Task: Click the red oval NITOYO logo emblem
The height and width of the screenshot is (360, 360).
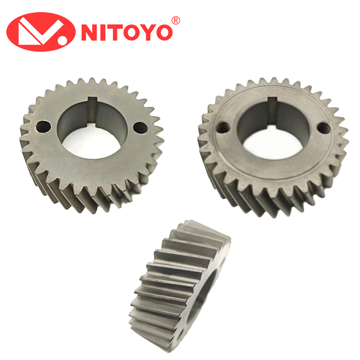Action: click(x=40, y=31)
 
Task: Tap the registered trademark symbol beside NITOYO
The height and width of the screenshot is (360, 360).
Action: click(x=175, y=20)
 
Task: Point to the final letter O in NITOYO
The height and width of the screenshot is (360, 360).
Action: click(x=163, y=32)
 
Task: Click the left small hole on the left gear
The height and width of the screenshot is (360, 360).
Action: click(x=42, y=126)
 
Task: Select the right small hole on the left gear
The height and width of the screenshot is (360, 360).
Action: click(x=139, y=127)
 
